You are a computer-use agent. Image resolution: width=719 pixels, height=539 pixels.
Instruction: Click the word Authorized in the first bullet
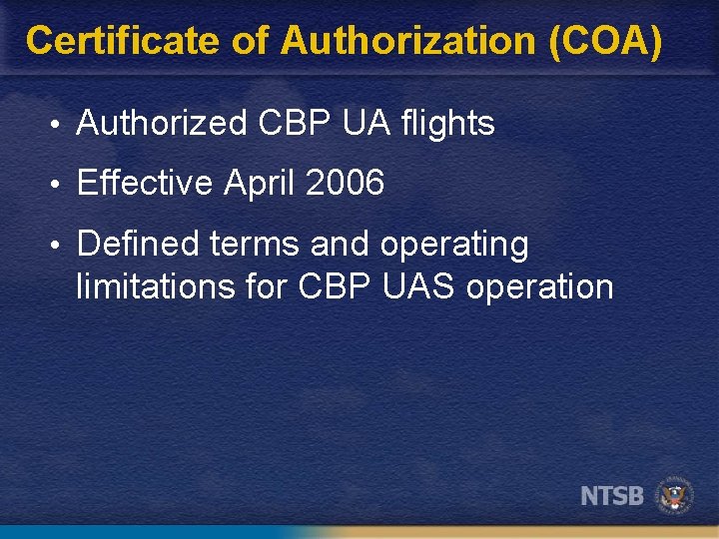tap(161, 124)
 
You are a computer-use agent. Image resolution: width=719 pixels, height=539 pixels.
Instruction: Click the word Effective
tap(145, 184)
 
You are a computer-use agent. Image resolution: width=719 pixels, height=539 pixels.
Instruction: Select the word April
tap(260, 184)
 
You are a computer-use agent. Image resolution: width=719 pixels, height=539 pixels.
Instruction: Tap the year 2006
tap(346, 184)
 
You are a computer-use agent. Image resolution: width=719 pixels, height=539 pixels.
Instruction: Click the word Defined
tap(138, 244)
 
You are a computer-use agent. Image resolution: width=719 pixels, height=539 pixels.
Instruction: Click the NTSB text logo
tap(612, 495)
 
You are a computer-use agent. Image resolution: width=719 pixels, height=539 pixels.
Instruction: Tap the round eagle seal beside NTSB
tap(676, 495)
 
